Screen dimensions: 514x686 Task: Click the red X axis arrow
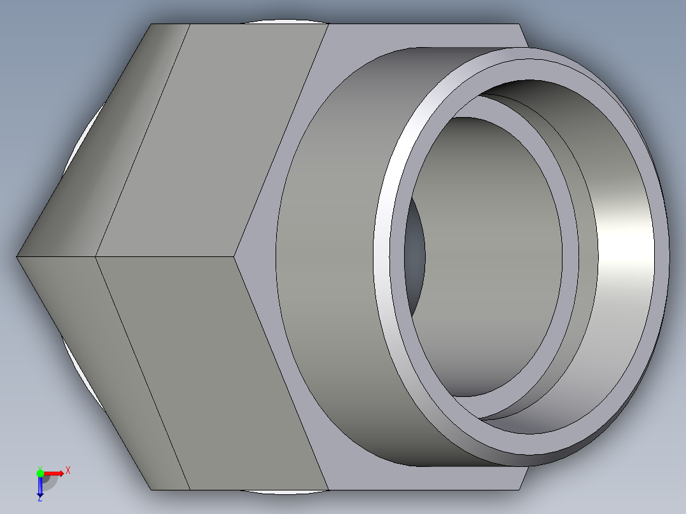coord(55,473)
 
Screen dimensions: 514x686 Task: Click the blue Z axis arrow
coord(40,487)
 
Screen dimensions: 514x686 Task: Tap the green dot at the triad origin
coord(40,473)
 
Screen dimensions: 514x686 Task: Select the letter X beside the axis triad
coord(67,471)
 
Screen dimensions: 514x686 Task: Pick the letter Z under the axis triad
coord(39,499)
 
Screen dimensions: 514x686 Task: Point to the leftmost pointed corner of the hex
coord(17,256)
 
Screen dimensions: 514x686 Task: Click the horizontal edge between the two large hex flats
coord(165,256)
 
